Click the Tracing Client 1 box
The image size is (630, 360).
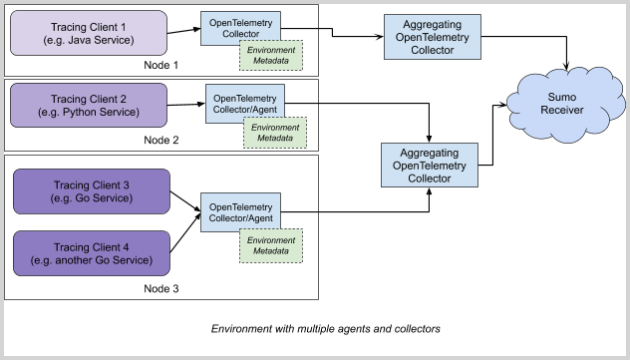coord(88,33)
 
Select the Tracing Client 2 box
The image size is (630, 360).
coord(88,105)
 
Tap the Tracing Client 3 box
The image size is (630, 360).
coord(91,191)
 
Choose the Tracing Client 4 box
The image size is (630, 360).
coord(91,253)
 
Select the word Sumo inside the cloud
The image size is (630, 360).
coord(562,97)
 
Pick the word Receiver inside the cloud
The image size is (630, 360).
coord(562,110)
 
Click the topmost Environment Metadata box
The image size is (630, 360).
coord(271,55)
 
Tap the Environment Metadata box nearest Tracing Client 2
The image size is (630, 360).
coord(275,133)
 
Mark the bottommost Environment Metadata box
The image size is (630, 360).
coord(270,245)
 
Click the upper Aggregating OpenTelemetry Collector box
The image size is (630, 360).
coord(432,37)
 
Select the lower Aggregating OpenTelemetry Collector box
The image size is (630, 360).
coord(429,165)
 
